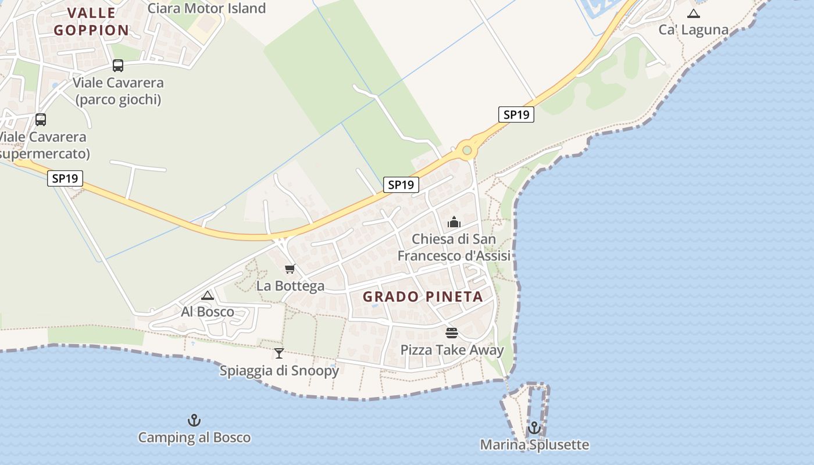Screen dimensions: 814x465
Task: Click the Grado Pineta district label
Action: coord(423,296)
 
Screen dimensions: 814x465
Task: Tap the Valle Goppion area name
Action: coord(91,22)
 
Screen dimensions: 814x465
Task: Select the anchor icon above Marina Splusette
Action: coord(534,428)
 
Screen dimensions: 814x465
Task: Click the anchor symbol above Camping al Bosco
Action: coord(194,420)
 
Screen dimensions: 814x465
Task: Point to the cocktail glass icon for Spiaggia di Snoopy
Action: coord(279,353)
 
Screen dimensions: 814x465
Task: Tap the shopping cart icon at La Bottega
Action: coord(290,269)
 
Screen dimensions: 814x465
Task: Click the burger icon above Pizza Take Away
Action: coord(452,333)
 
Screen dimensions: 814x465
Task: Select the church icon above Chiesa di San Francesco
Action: coord(454,222)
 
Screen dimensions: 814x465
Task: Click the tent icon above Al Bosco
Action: coord(208,295)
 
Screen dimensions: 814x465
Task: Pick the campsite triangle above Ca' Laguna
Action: coord(693,13)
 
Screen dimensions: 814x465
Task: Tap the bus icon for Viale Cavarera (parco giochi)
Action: coord(118,66)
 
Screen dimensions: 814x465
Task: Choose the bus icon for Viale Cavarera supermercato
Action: coord(41,120)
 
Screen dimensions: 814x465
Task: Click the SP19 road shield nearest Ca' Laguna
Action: coord(516,115)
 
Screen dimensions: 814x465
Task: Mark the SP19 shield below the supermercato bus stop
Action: coord(65,178)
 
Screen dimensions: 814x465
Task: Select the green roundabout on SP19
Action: coord(467,151)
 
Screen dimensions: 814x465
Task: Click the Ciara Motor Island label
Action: coord(206,8)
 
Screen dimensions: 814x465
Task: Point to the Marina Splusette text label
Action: coord(534,445)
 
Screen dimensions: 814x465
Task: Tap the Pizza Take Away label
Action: coord(452,350)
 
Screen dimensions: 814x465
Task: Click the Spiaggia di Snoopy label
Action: coord(279,370)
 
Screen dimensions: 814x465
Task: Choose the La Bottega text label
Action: coord(290,286)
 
